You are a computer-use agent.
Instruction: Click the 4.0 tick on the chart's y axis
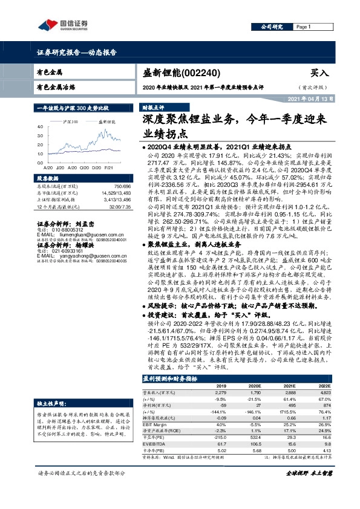point(39,126)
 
